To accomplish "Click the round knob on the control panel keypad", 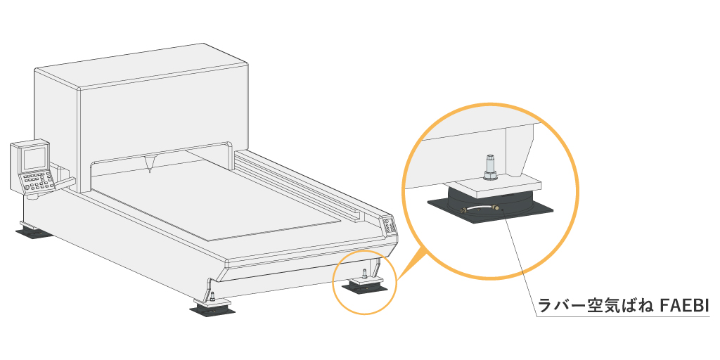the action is click(x=28, y=187).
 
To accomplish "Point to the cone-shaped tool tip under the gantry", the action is click(x=150, y=164).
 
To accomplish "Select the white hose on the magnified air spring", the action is click(x=480, y=207).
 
